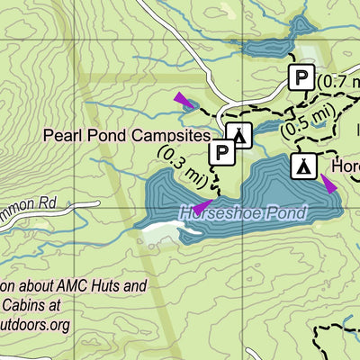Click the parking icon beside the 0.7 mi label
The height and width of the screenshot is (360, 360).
pos(301,79)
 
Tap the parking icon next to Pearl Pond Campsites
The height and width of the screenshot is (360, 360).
pos(221,153)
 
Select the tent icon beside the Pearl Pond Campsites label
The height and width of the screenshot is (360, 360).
pos(239,135)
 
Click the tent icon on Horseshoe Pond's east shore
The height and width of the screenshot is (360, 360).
pos(304,166)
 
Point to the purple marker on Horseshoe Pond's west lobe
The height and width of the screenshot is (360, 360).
pos(202,206)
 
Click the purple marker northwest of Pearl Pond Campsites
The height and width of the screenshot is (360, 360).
pos(182,99)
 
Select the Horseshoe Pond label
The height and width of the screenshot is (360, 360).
pos(242,213)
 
